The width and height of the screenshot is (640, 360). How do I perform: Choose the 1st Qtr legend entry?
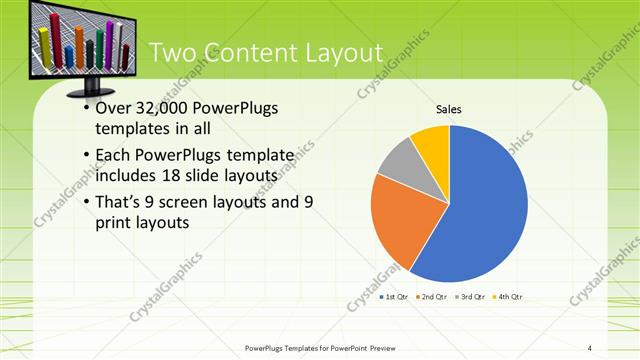(x=393, y=297)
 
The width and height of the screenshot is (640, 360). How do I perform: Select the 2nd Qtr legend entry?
(x=432, y=297)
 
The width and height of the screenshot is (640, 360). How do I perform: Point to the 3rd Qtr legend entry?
(x=470, y=297)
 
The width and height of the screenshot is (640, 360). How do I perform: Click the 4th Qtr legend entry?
(x=509, y=297)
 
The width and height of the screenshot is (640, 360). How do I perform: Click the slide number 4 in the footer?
(x=589, y=347)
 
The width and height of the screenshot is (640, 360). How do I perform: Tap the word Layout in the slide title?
(x=335, y=53)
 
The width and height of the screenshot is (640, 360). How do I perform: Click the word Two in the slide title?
(x=171, y=53)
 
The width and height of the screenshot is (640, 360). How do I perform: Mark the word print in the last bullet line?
(x=116, y=224)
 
